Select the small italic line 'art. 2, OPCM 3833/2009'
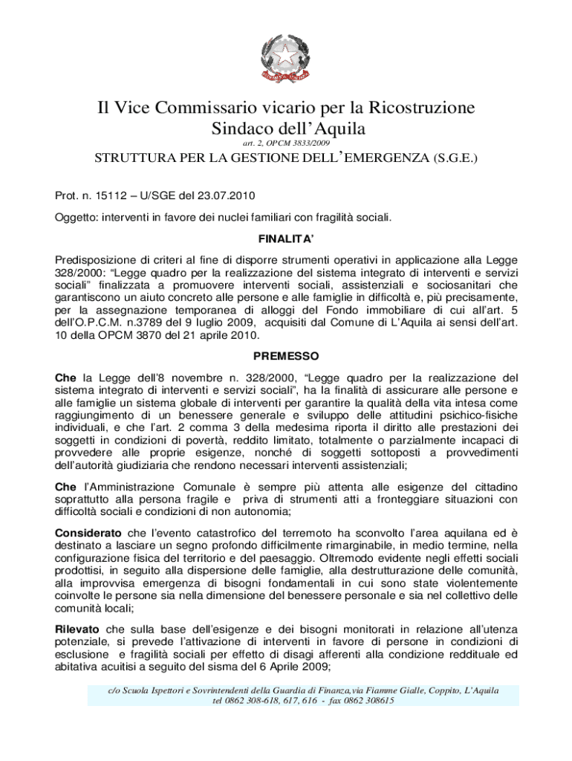pyautogui.click(x=286, y=142)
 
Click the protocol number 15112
pyautogui.click(x=111, y=196)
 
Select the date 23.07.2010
pyautogui.click(x=227, y=196)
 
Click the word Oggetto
pyautogui.click(x=78, y=218)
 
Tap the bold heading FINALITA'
pyautogui.click(x=286, y=239)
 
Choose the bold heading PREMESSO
pyautogui.click(x=286, y=356)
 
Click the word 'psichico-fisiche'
pyautogui.click(x=477, y=415)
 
